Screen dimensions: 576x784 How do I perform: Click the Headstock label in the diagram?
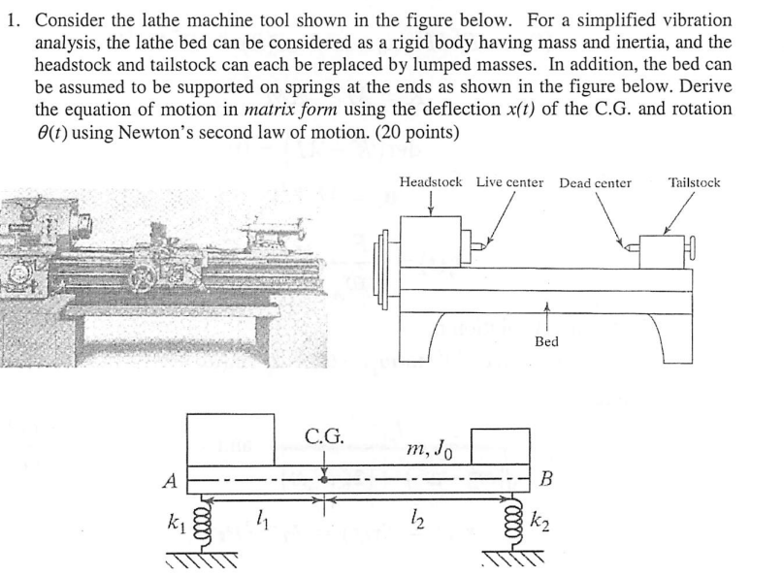(x=430, y=182)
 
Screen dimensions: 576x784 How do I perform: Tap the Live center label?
(x=509, y=182)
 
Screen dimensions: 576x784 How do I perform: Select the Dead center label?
(x=595, y=182)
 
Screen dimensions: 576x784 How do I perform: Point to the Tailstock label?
(x=694, y=182)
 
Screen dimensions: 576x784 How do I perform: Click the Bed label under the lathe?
(x=546, y=342)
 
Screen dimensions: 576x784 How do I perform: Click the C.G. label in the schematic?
(x=324, y=436)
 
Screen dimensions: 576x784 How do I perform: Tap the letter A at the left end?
(x=170, y=479)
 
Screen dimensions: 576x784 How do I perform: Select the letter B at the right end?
(x=546, y=479)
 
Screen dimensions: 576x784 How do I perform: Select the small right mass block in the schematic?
(x=500, y=447)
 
